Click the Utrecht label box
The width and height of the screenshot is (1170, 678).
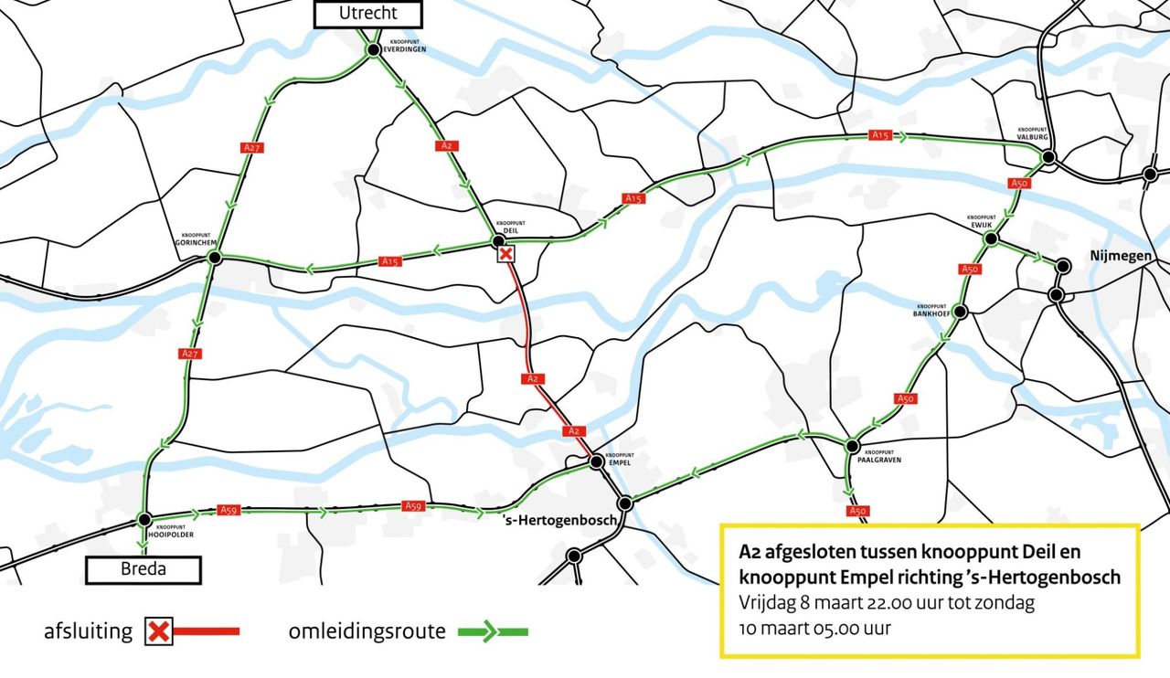[x=368, y=14]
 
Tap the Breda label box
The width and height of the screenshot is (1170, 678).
[x=143, y=570]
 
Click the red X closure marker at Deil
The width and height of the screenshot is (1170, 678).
[x=505, y=253]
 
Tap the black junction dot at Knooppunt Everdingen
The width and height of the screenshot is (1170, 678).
[x=373, y=50]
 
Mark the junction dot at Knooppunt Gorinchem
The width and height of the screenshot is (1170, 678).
[x=215, y=259]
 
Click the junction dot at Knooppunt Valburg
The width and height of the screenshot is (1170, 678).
[x=1048, y=157]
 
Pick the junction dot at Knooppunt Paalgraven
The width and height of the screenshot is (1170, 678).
[x=852, y=446]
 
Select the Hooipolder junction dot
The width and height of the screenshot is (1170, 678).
[x=144, y=519]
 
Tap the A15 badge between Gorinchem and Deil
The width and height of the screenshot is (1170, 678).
[x=390, y=262]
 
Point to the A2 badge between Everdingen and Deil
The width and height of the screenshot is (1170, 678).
[x=446, y=145]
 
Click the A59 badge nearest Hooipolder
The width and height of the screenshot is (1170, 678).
[x=230, y=510]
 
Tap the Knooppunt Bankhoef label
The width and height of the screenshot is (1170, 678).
[x=931, y=310]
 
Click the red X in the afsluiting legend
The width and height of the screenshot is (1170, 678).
[x=159, y=631]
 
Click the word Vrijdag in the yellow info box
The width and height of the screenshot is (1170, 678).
[x=764, y=604]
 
